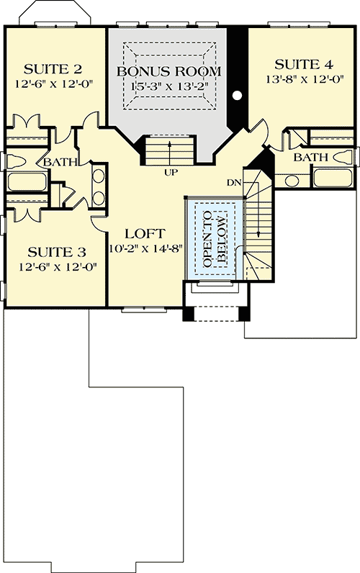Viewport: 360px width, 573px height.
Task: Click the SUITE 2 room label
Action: coord(53,69)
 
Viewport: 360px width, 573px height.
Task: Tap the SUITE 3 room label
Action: coord(57,252)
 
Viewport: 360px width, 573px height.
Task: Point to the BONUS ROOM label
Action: coord(168,72)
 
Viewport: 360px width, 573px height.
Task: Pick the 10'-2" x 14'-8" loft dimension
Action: coord(145,249)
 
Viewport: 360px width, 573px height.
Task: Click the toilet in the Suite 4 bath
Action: coord(344,156)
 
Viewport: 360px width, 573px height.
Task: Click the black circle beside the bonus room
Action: coord(237,95)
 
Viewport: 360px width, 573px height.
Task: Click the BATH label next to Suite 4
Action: coord(311,157)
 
